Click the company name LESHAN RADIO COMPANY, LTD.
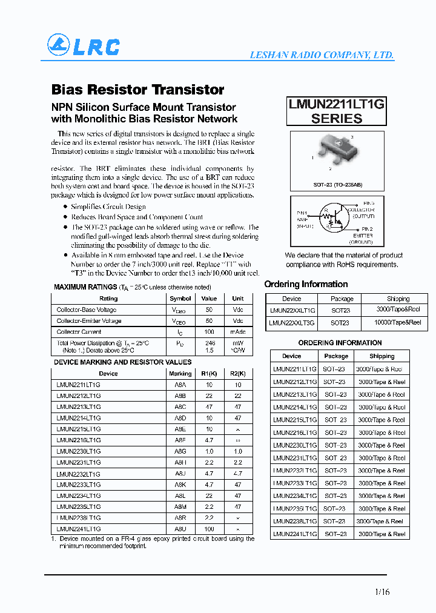[x=322, y=55]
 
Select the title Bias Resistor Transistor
[x=137, y=90]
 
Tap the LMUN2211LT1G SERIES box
[x=336, y=111]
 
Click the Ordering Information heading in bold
[x=306, y=284]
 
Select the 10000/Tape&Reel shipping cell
[x=398, y=323]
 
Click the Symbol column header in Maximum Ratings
[x=180, y=299]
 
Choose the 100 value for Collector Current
[x=209, y=332]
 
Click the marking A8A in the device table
[x=180, y=385]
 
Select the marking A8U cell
[x=180, y=529]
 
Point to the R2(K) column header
[x=237, y=374]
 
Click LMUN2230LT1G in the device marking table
[x=79, y=451]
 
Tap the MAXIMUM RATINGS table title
[x=85, y=287]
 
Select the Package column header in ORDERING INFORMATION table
[x=336, y=356]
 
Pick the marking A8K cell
[x=180, y=485]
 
